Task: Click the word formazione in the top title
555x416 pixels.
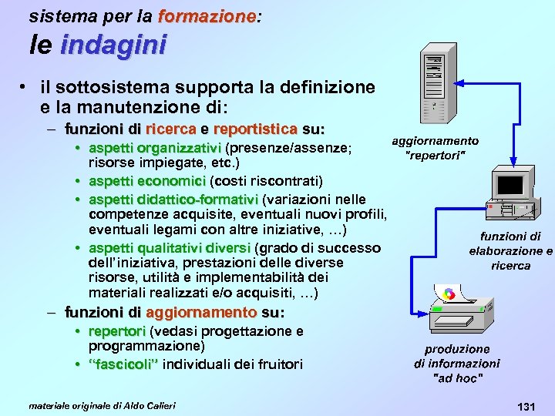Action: pos(206,15)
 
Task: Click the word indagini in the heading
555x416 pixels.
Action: pos(113,45)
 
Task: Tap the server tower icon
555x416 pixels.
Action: pos(436,83)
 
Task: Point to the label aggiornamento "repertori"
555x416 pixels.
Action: pos(436,147)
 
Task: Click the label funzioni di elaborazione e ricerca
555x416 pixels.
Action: pos(511,251)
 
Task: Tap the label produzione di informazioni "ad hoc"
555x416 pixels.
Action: pos(457,364)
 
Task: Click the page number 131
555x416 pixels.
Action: pos(526,405)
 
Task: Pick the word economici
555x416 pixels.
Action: pos(169,181)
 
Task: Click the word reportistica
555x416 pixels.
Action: pos(255,128)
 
